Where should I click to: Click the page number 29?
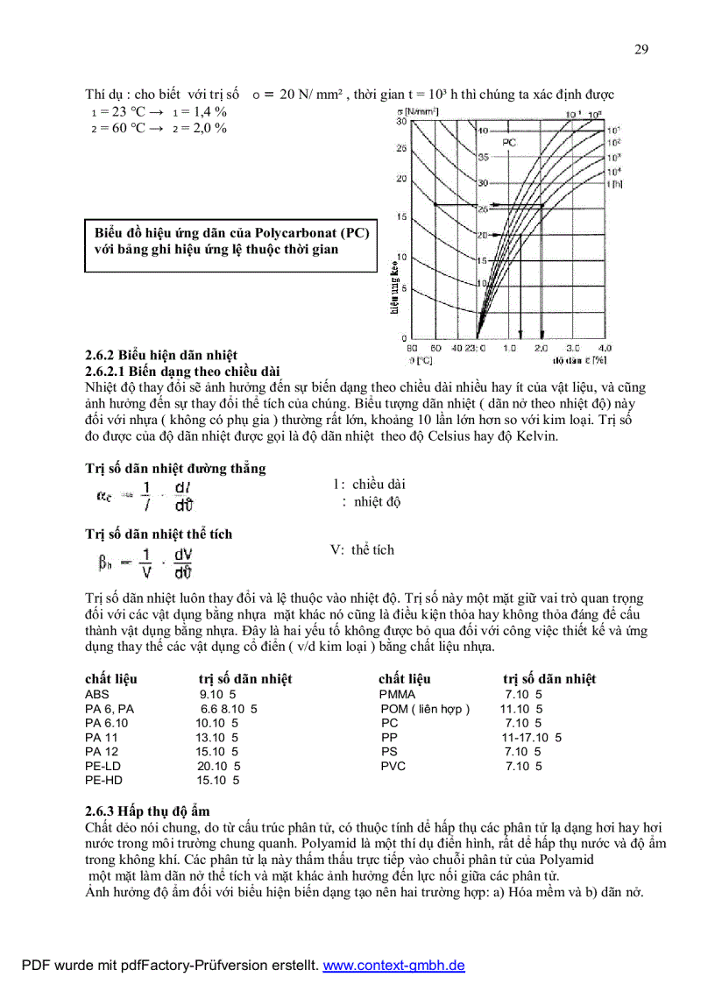click(x=641, y=49)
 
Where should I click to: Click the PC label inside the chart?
click(x=509, y=141)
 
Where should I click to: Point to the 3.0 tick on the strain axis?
click(x=572, y=348)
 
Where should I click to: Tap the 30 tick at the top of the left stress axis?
click(x=401, y=121)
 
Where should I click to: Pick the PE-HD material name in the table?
click(x=103, y=780)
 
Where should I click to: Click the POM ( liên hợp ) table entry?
click(x=425, y=709)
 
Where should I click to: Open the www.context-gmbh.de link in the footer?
click(x=393, y=966)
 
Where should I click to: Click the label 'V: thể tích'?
click(x=362, y=550)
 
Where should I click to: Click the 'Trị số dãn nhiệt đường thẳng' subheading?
click(x=175, y=469)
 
